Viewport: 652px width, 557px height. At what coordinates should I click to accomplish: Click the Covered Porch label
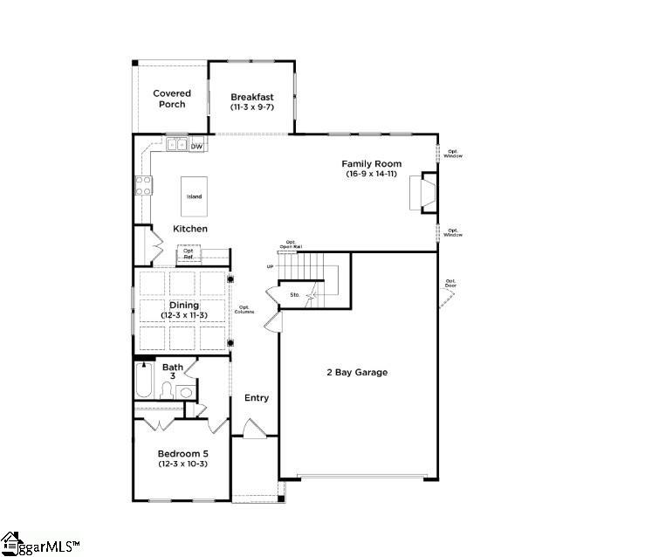pyautogui.click(x=172, y=99)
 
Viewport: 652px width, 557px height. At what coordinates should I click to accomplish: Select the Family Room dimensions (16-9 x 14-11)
pyautogui.click(x=371, y=175)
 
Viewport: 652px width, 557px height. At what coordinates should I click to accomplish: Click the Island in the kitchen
pyautogui.click(x=194, y=196)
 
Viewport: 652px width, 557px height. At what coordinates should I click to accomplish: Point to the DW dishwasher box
pyautogui.click(x=197, y=146)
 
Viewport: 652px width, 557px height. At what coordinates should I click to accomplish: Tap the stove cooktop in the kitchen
pyautogui.click(x=143, y=185)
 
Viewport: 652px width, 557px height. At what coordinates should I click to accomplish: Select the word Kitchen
pyautogui.click(x=189, y=229)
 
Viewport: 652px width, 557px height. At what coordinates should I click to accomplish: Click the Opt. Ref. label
pyautogui.click(x=189, y=254)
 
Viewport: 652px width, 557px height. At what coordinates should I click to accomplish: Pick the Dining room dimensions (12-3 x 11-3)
pyautogui.click(x=183, y=314)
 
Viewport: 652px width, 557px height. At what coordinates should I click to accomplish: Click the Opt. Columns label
pyautogui.click(x=245, y=310)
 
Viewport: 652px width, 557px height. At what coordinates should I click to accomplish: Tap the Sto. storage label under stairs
pyautogui.click(x=295, y=295)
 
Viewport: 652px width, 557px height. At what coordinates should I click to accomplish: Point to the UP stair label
pyautogui.click(x=271, y=266)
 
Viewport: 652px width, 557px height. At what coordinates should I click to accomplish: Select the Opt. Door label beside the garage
pyautogui.click(x=450, y=284)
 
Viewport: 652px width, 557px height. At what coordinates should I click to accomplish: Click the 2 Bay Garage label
pyautogui.click(x=357, y=373)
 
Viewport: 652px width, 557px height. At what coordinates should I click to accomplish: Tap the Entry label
pyautogui.click(x=257, y=398)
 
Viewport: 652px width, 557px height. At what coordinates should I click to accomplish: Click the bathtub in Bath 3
pyautogui.click(x=145, y=382)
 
